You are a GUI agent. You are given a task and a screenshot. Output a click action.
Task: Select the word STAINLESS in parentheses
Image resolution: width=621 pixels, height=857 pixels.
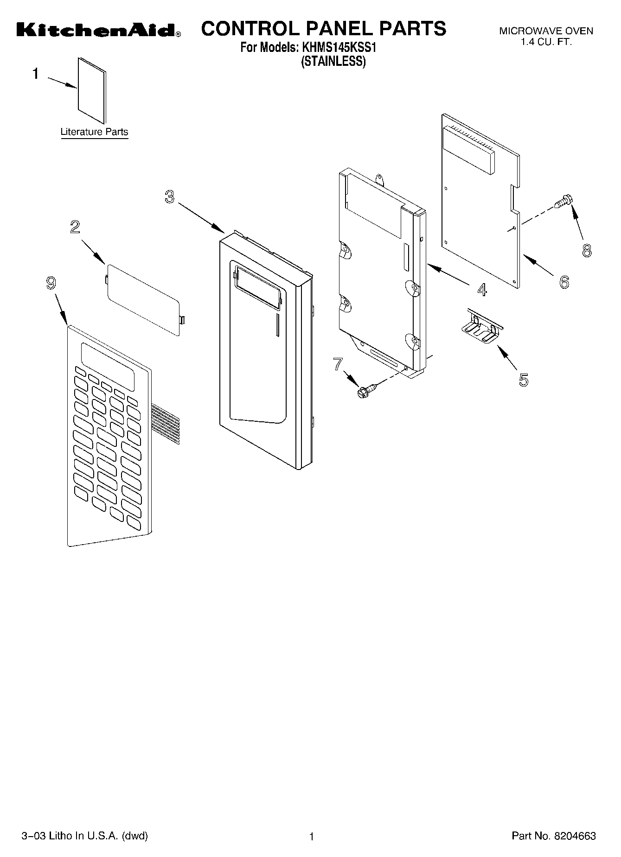(x=333, y=61)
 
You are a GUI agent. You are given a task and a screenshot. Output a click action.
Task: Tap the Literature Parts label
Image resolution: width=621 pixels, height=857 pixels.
(x=94, y=132)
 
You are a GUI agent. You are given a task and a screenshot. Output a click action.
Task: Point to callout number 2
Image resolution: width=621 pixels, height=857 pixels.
(x=75, y=227)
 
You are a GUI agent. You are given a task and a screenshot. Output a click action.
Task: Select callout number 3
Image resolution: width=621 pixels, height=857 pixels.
(x=169, y=197)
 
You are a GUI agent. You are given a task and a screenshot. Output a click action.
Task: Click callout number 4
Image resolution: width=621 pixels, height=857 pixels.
(x=482, y=290)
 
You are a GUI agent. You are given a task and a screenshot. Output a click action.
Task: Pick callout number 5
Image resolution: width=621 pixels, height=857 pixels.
(x=523, y=380)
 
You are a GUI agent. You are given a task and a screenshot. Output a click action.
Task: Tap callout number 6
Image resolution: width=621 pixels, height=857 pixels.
(x=564, y=282)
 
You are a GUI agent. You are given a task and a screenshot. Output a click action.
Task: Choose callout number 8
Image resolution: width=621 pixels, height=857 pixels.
(x=587, y=251)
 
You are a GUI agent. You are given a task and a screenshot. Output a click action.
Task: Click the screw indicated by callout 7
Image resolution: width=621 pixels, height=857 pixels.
(x=362, y=392)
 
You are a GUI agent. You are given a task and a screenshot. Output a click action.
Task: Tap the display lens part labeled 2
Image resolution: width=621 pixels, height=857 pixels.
(x=143, y=299)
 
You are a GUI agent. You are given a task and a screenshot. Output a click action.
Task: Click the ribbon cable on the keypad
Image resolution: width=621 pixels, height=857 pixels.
(x=165, y=422)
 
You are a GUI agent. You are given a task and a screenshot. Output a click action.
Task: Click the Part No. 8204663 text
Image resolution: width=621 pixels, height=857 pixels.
(x=553, y=836)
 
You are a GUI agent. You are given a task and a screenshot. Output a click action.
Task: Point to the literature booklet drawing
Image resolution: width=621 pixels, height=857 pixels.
(x=92, y=91)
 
